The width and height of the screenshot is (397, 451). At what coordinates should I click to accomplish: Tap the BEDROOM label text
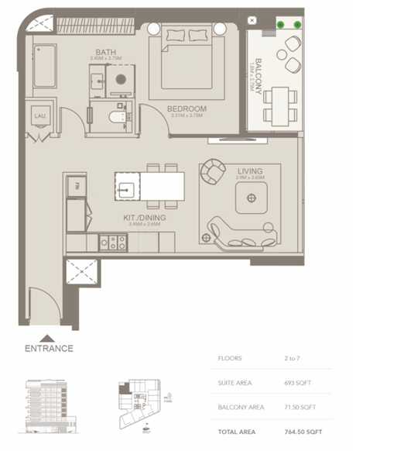[187, 109]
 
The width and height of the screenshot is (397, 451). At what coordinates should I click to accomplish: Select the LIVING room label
[250, 171]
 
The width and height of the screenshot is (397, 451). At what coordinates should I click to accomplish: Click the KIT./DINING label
[144, 218]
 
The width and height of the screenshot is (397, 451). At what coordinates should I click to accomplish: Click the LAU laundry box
[39, 116]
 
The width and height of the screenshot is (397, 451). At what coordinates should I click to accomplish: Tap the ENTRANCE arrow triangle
[48, 338]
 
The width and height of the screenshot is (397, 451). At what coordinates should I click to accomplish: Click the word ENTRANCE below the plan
[49, 349]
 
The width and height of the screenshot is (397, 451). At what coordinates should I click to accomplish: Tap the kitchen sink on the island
[126, 186]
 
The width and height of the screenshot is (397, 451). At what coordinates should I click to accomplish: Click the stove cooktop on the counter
[112, 242]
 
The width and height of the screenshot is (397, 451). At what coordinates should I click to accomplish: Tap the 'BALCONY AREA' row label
[241, 407]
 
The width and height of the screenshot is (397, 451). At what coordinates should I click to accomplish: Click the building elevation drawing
[50, 404]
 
